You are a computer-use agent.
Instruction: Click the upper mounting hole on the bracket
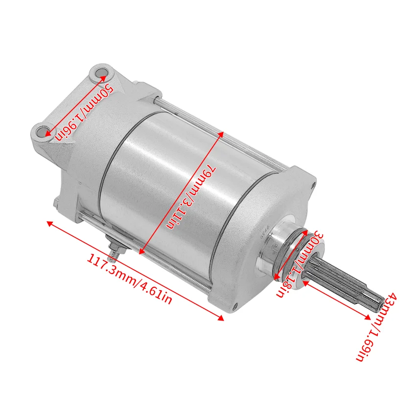point(101,74)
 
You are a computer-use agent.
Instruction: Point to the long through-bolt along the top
point(235,132)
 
